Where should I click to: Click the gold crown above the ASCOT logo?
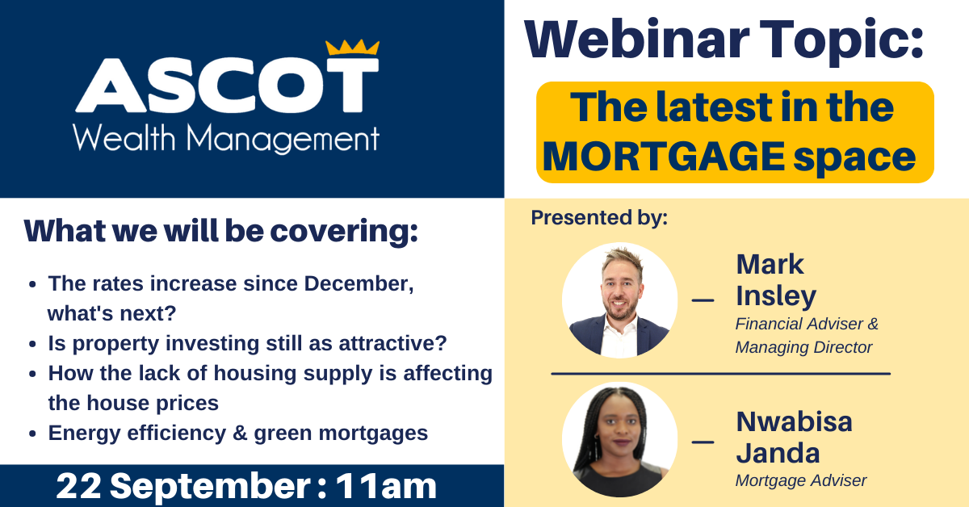pyautogui.click(x=352, y=47)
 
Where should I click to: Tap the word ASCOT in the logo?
pyautogui.click(x=227, y=86)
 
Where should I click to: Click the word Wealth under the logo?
pyautogui.click(x=124, y=138)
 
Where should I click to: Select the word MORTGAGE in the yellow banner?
pyautogui.click(x=664, y=156)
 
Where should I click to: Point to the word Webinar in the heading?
pyautogui.click(x=637, y=39)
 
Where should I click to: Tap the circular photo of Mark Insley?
pyautogui.click(x=619, y=300)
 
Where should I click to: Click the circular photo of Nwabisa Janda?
pyautogui.click(x=619, y=439)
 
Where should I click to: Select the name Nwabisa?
pyautogui.click(x=795, y=421)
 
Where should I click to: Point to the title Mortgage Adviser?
pyautogui.click(x=801, y=480)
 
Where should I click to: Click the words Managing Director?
pyautogui.click(x=803, y=347)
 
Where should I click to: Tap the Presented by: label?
pyautogui.click(x=599, y=218)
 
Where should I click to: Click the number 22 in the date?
pyautogui.click(x=79, y=486)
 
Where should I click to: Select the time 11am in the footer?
pyautogui.click(x=386, y=486)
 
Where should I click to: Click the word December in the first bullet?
pyautogui.click(x=359, y=284)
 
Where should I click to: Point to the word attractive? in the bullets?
pyautogui.click(x=392, y=343)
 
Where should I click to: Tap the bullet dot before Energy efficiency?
pyautogui.click(x=32, y=434)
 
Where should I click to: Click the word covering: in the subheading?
pyautogui.click(x=344, y=232)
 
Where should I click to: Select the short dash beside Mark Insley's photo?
pyautogui.click(x=703, y=300)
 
